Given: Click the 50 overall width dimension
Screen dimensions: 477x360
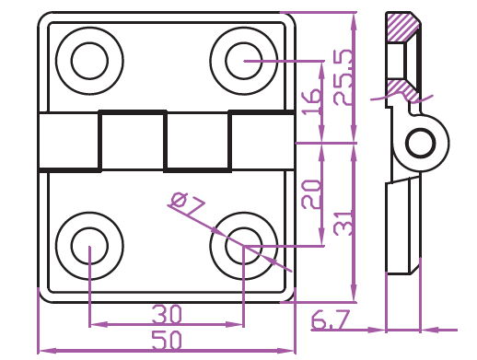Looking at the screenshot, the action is click(x=167, y=341).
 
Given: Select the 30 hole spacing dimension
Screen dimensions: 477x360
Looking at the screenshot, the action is click(x=167, y=314).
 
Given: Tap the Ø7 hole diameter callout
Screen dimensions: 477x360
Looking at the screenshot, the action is click(x=186, y=203).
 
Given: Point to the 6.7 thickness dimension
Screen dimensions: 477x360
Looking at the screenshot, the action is click(x=331, y=319).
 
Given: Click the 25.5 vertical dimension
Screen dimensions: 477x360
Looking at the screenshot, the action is click(x=343, y=77).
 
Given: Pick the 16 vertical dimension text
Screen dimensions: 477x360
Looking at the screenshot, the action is click(x=311, y=102).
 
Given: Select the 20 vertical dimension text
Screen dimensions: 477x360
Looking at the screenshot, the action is click(x=310, y=194).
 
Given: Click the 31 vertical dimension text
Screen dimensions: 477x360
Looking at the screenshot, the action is click(x=343, y=224).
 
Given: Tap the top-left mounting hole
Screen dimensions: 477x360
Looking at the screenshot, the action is click(x=89, y=61).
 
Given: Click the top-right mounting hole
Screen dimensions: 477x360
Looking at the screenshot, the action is click(x=244, y=61).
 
